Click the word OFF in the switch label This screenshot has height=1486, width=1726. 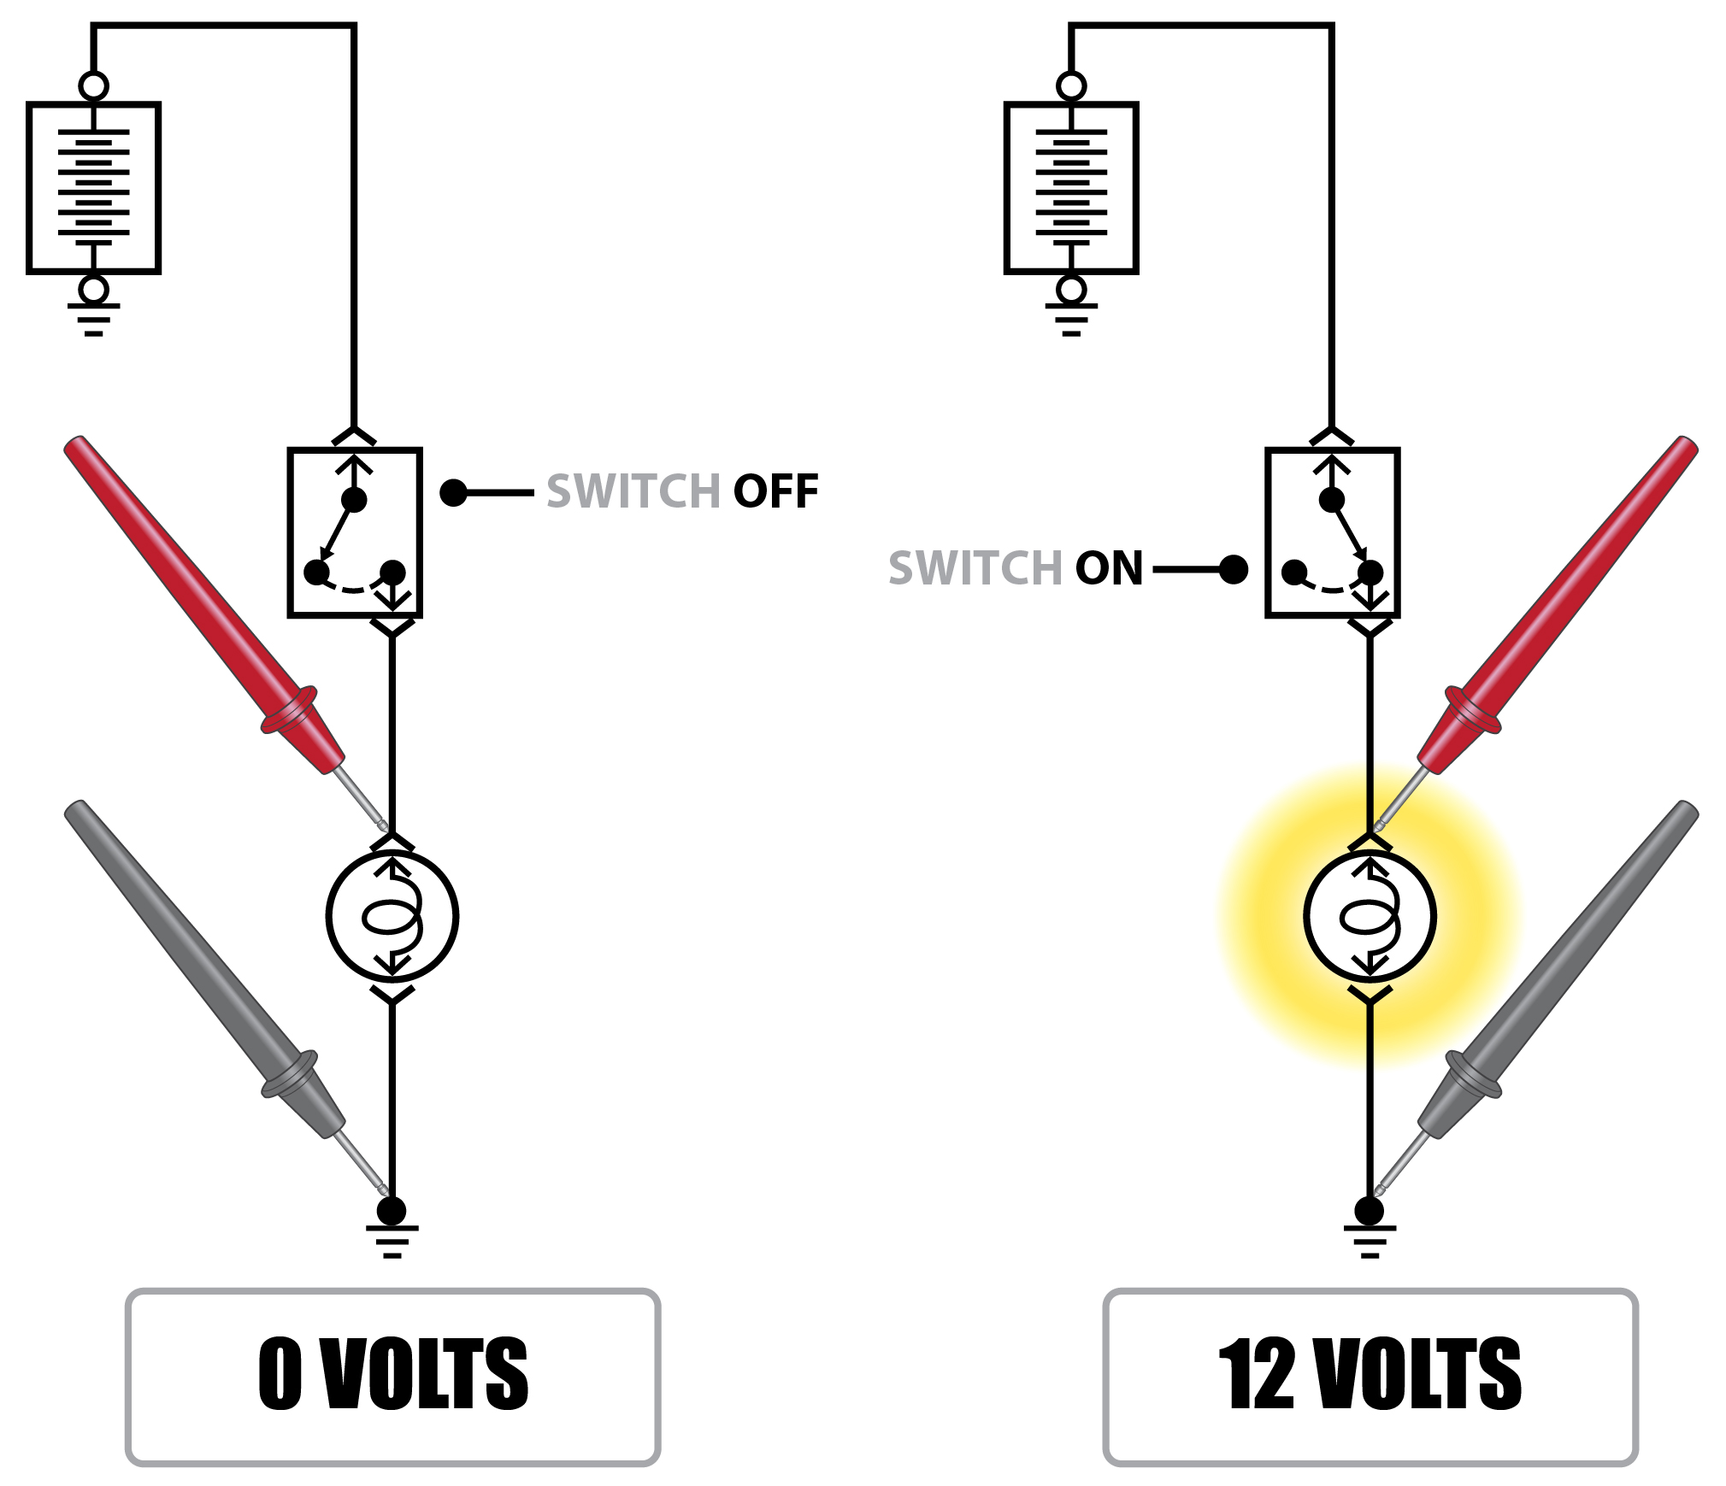(775, 491)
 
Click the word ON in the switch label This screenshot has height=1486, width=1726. (1109, 568)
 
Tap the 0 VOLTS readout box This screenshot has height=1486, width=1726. (392, 1377)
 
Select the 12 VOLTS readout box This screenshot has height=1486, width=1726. (1370, 1377)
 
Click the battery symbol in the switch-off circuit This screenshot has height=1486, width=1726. (94, 188)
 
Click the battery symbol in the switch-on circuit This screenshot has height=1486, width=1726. (1071, 188)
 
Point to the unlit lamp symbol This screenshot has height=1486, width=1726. (392, 917)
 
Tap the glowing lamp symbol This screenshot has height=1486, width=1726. (1370, 917)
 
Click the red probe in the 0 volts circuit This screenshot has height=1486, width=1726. (205, 607)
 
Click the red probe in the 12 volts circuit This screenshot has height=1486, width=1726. (1556, 607)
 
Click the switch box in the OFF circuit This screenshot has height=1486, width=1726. (355, 532)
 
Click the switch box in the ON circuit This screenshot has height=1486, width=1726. (1332, 532)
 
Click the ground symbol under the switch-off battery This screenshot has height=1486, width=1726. (94, 319)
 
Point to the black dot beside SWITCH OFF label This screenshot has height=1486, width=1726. (453, 493)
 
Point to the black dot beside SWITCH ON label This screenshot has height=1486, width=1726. (1234, 569)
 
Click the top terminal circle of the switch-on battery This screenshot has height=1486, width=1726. (1071, 86)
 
